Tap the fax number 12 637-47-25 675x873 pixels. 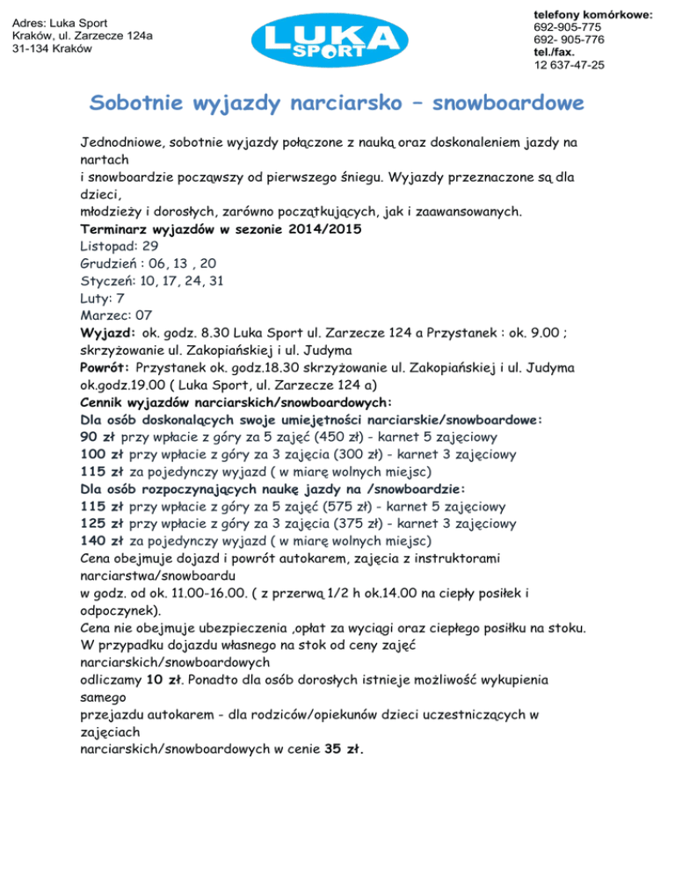[x=563, y=65]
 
